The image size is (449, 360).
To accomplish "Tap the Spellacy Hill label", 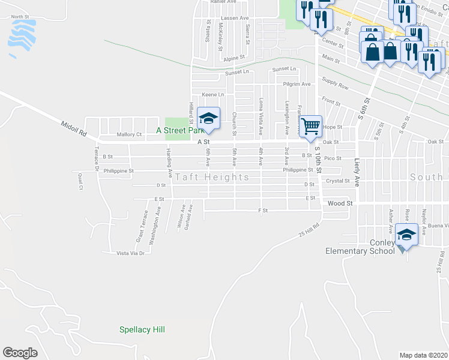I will (x=142, y=329).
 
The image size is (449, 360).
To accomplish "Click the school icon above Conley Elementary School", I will (x=407, y=235).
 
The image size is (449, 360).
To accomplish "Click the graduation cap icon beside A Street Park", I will (x=208, y=119).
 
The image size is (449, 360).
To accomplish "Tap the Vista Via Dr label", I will (x=131, y=253).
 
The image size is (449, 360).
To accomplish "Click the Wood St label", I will (x=339, y=203).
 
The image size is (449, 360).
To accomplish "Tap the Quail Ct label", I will (x=80, y=181).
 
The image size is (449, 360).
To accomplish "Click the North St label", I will (x=20, y=17).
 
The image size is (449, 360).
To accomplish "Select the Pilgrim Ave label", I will (x=298, y=84).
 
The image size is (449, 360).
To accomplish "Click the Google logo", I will (x=20, y=352).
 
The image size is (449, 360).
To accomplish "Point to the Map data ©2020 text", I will (x=423, y=355).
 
